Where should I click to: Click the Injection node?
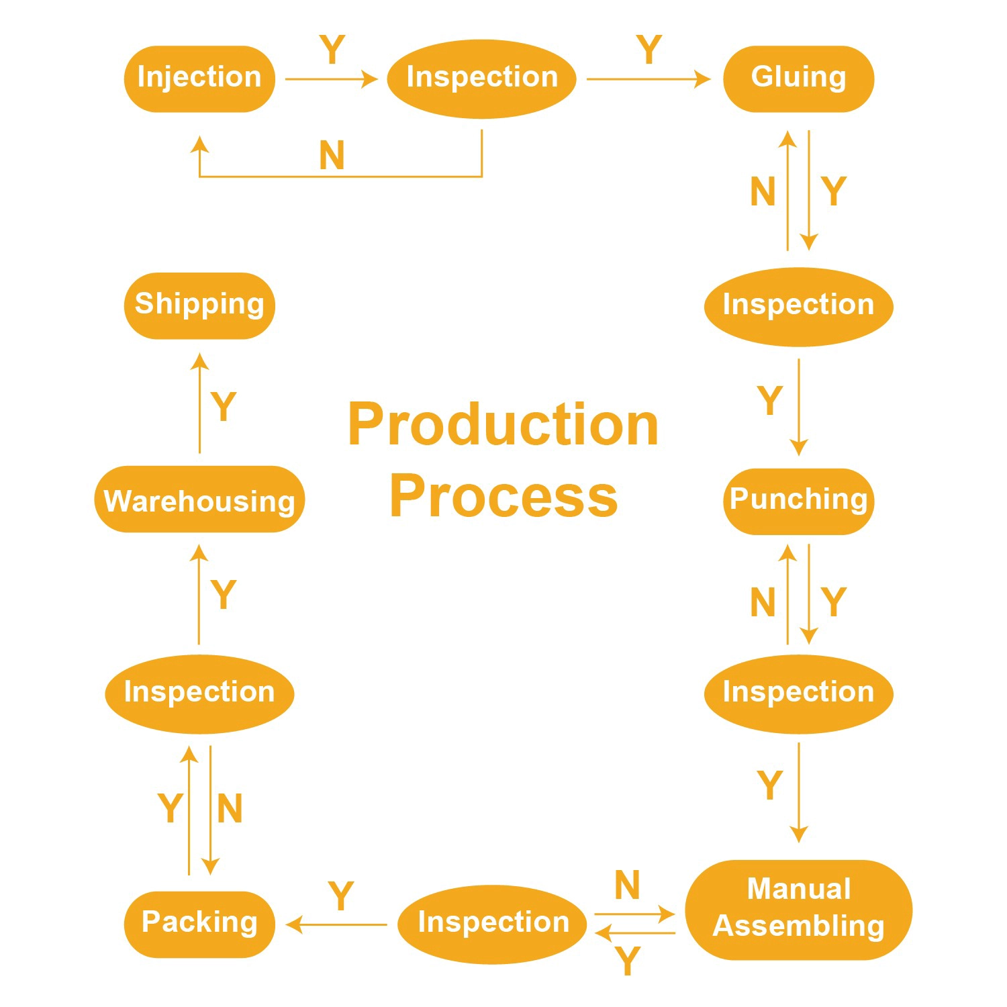click(x=199, y=79)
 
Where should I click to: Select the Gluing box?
click(x=798, y=79)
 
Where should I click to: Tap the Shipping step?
click(x=199, y=305)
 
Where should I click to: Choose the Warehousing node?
click(x=199, y=499)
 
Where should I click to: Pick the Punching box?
click(x=798, y=501)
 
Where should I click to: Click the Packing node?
click(x=199, y=924)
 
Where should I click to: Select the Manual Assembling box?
click(x=798, y=910)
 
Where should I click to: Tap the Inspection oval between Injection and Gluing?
click(x=482, y=79)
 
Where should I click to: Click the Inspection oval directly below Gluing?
click(x=798, y=307)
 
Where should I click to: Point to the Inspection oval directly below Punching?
click(x=798, y=694)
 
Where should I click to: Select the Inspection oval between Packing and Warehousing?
click(x=199, y=694)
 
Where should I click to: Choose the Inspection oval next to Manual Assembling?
click(x=492, y=924)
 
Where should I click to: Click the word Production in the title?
click(x=503, y=424)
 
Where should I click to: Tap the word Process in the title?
click(x=503, y=496)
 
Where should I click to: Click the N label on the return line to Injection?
click(x=332, y=156)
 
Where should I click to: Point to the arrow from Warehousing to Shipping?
click(x=199, y=403)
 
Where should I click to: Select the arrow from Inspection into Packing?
click(x=336, y=924)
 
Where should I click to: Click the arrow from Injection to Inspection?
click(x=332, y=79)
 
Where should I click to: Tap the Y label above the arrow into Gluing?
click(x=649, y=50)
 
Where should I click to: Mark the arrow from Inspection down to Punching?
click(x=798, y=407)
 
